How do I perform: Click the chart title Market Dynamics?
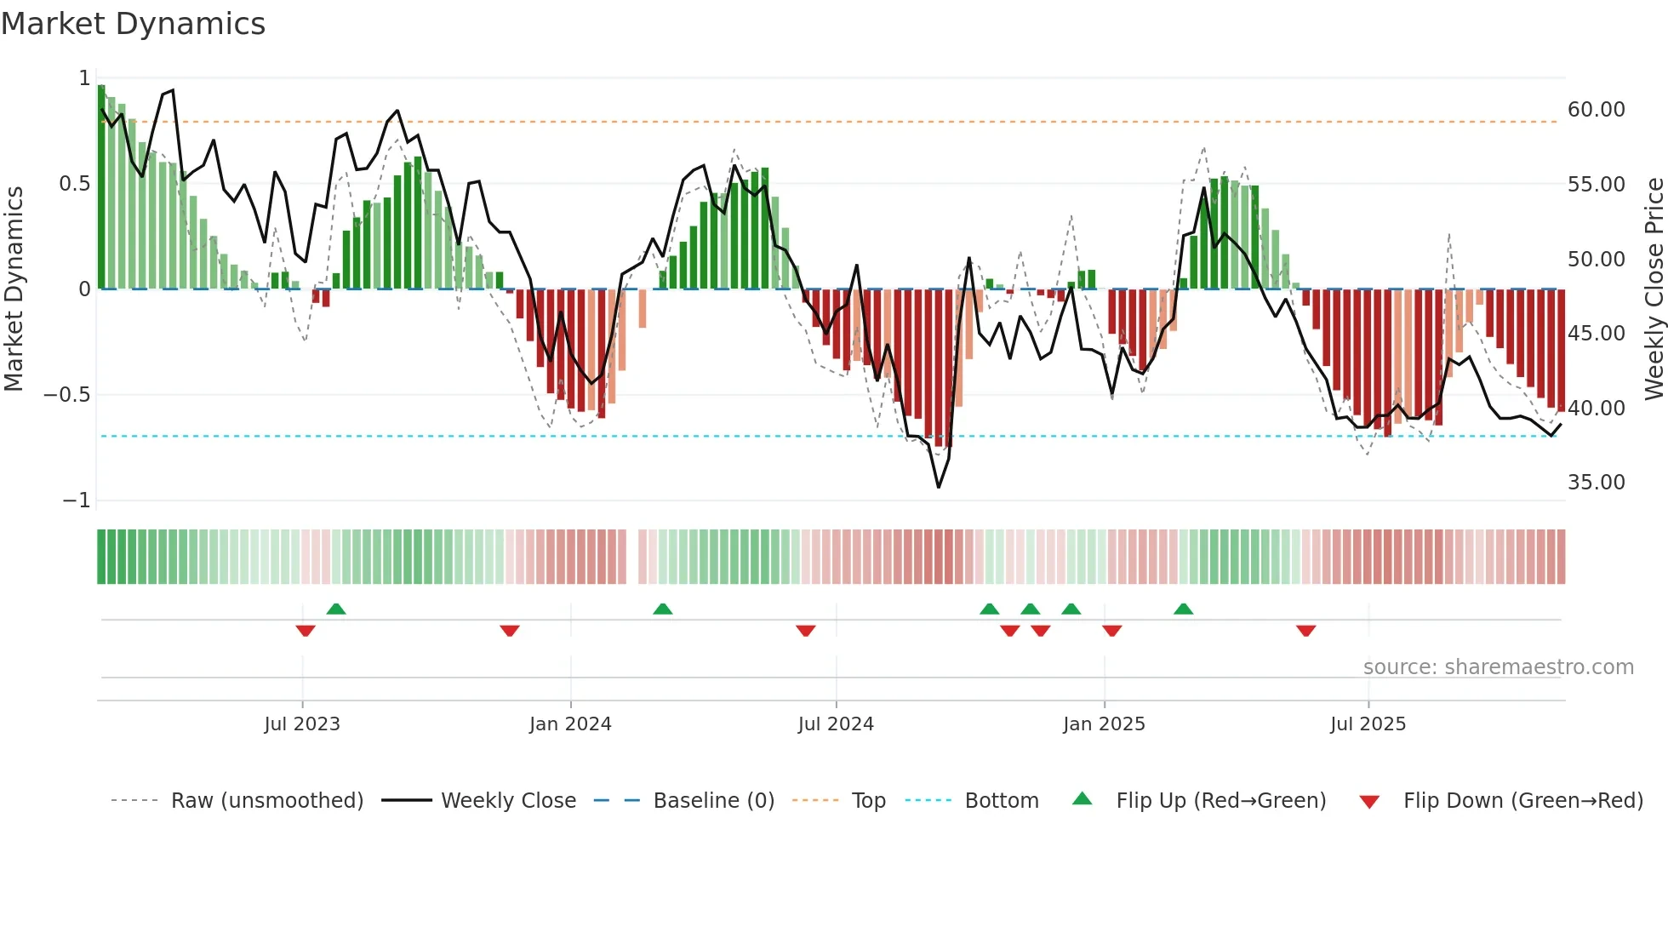(x=133, y=24)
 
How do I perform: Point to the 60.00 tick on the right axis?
(x=1596, y=110)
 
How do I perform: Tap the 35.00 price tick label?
(x=1596, y=483)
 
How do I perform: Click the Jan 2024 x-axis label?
(x=570, y=724)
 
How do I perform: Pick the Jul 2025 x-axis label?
(x=1368, y=724)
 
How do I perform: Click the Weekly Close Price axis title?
(x=1654, y=289)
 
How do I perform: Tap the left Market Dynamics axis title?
(x=14, y=289)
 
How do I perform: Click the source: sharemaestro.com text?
(x=1498, y=667)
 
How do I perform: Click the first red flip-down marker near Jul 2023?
(x=306, y=631)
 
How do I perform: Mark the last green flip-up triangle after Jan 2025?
(x=1183, y=609)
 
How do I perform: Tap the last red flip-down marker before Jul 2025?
(x=1306, y=631)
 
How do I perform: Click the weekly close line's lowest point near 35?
(x=939, y=487)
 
